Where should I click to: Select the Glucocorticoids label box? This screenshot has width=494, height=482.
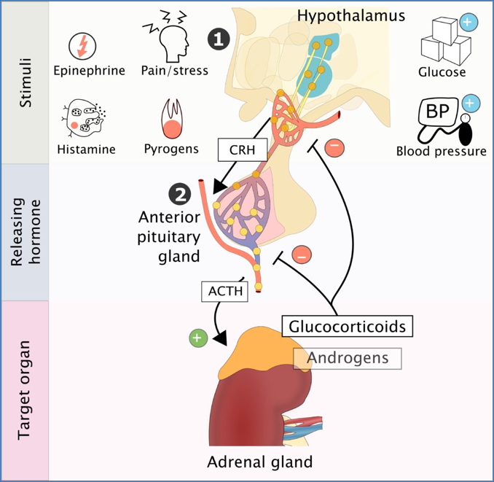347,326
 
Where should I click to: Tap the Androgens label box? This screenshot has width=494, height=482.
347,357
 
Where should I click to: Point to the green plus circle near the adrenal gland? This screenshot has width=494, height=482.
196,338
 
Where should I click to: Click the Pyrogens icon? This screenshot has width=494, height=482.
172,120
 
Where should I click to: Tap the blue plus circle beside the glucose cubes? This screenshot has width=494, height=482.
470,23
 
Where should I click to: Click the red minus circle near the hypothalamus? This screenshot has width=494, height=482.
333,147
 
